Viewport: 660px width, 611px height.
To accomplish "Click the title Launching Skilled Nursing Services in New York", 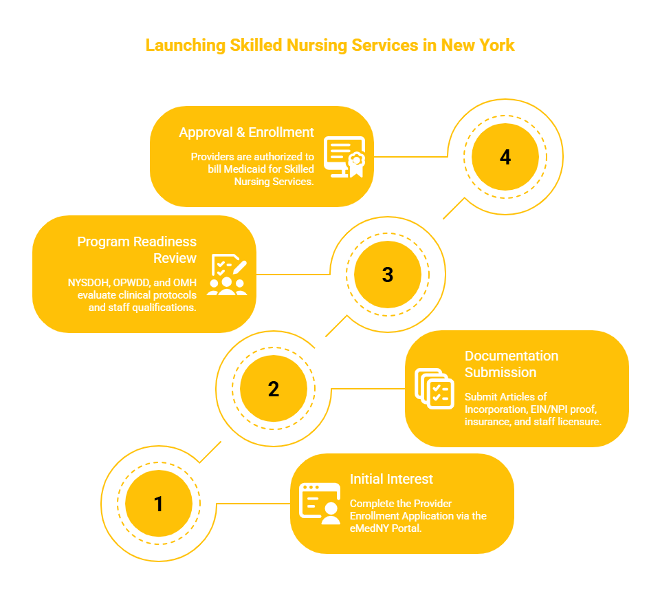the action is [x=330, y=45].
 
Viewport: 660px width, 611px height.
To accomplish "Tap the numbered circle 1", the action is [x=159, y=504].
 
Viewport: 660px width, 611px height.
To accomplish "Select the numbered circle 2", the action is [x=274, y=389].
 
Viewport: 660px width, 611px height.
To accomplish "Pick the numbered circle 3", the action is [x=388, y=275].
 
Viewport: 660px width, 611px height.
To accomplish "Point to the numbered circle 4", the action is [x=505, y=157].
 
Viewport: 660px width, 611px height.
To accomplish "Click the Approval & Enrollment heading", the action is [x=246, y=132].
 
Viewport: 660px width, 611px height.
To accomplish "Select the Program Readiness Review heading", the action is [x=137, y=250].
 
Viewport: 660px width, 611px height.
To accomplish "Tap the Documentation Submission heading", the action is [x=511, y=364].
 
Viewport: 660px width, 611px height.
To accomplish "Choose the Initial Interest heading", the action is [x=391, y=479].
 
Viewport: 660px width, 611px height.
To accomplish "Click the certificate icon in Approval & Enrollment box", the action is [x=344, y=157].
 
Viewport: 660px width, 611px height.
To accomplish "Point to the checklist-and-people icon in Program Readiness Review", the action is [x=227, y=275].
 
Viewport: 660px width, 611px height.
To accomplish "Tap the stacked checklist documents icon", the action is [x=434, y=389].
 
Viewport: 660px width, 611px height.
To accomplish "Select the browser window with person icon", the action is [x=320, y=504].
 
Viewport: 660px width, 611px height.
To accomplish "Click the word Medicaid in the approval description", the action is [x=245, y=169].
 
